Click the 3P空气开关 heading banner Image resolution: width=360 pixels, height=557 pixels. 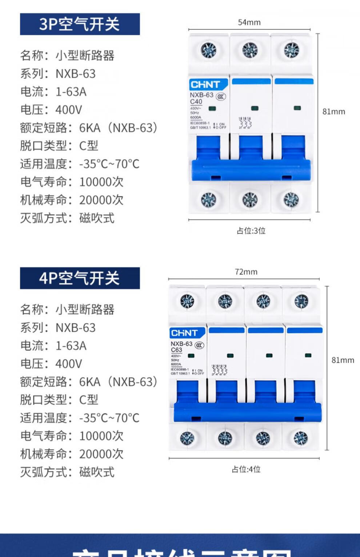tap(80, 24)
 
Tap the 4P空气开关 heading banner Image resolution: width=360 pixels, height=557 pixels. tap(80, 278)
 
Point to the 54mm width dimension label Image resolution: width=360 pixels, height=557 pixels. tap(249, 23)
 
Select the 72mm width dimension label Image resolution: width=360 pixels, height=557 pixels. tap(246, 272)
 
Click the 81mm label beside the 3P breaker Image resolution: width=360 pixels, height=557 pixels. tap(333, 112)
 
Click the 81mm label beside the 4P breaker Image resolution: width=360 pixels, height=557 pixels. tap(343, 360)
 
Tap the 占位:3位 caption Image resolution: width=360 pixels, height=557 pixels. tap(251, 231)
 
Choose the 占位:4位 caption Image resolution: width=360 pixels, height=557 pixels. tap(246, 469)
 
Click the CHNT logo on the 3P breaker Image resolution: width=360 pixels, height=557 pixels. tap(205, 85)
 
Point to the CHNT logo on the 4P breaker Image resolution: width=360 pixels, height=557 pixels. tap(184, 333)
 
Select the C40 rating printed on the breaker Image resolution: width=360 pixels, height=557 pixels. tap(196, 102)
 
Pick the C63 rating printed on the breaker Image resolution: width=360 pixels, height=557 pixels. tap(176, 350)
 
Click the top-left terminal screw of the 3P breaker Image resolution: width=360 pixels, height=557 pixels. tap(208, 50)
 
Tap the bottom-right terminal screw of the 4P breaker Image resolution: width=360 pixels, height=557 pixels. tap(301, 438)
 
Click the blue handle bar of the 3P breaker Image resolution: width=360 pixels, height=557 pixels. tap(251, 170)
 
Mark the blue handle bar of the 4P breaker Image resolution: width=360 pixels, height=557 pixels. tap(247, 412)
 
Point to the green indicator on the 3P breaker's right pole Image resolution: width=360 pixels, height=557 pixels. tap(297, 108)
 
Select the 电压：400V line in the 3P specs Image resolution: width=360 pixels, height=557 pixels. tap(51, 110)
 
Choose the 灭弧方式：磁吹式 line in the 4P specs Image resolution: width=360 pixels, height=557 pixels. tap(67, 472)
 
